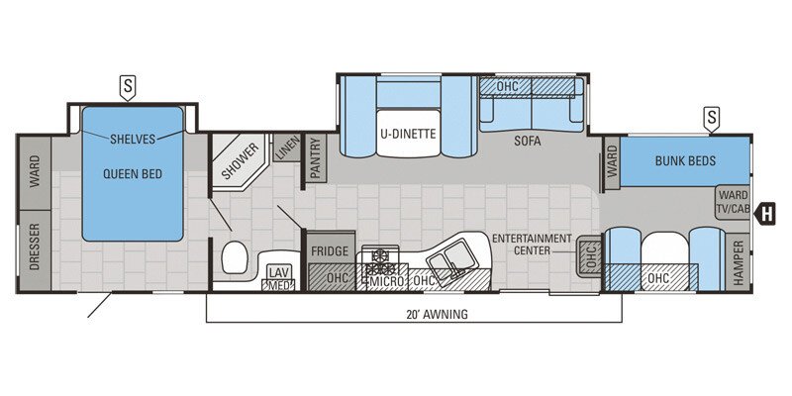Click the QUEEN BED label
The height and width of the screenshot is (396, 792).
(x=132, y=174)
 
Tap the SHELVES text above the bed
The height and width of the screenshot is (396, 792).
(x=133, y=139)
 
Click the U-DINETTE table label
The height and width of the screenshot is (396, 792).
(x=407, y=135)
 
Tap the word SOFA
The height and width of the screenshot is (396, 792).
(x=528, y=141)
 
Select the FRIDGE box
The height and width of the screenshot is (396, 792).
(x=330, y=251)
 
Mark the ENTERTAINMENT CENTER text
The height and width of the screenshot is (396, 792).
(x=533, y=245)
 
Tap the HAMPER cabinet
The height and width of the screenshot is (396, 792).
(x=738, y=264)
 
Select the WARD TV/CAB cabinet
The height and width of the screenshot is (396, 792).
(x=733, y=202)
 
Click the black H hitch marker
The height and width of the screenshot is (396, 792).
(x=765, y=211)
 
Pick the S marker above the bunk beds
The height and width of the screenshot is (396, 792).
(x=711, y=119)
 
